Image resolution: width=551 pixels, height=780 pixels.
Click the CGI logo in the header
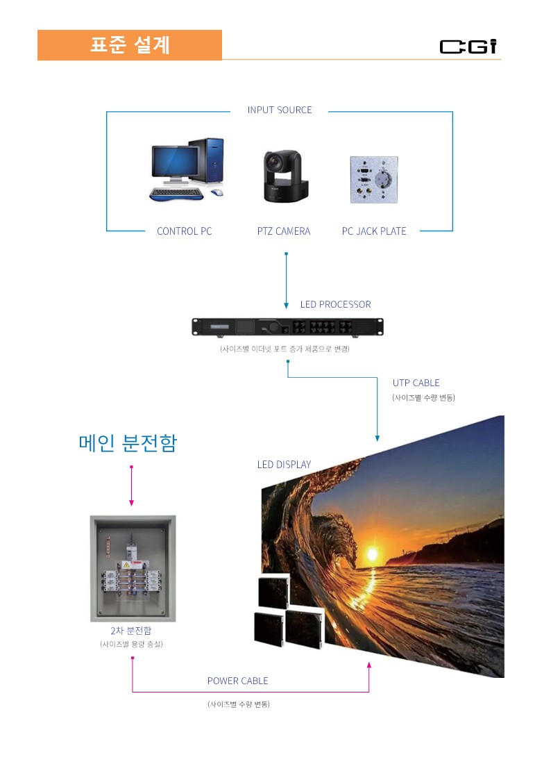[x=468, y=47]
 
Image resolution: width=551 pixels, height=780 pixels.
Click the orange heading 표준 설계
[x=130, y=45]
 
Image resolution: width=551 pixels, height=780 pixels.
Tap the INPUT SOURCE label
[x=280, y=110]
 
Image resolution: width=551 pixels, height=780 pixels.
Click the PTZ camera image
[x=285, y=176]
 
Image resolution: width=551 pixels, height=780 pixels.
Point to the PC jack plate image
[x=374, y=178]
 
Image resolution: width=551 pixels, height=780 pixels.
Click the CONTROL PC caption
[x=184, y=231]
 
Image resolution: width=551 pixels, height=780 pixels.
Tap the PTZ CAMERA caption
[x=283, y=231]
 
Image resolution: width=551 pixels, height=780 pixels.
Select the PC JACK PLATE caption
[x=374, y=231]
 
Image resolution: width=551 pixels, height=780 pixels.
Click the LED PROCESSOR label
[x=335, y=304]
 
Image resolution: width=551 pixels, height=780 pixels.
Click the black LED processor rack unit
[x=287, y=326]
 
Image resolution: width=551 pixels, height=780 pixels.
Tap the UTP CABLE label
[x=416, y=383]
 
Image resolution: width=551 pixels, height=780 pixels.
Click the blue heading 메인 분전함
[x=128, y=443]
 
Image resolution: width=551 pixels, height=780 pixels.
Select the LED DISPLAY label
[x=284, y=464]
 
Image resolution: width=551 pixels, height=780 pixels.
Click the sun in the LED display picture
[x=371, y=554]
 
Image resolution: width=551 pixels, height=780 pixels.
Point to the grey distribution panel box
[x=133, y=568]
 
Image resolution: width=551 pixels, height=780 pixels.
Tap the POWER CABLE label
[x=237, y=681]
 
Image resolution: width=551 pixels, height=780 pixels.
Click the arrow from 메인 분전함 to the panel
[x=131, y=486]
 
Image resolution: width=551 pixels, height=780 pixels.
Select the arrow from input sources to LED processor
[x=286, y=281]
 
